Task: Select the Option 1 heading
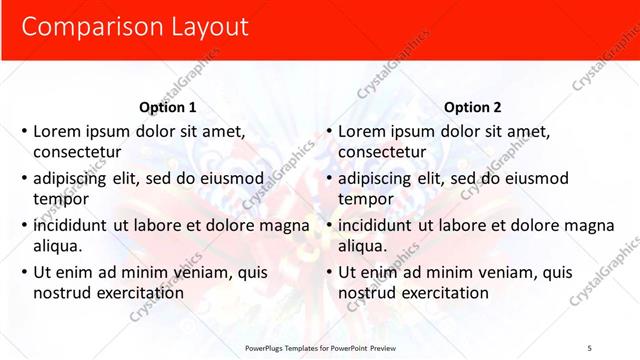(x=168, y=107)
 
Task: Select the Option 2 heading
(x=472, y=107)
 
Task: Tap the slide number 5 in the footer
(x=589, y=347)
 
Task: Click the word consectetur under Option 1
(x=78, y=152)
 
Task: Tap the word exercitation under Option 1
(x=137, y=293)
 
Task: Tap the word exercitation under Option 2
(x=441, y=293)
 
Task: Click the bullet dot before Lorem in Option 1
(x=24, y=131)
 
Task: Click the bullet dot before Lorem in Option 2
(x=329, y=131)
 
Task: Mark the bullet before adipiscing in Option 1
(x=24, y=178)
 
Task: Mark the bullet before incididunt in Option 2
(x=329, y=225)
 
